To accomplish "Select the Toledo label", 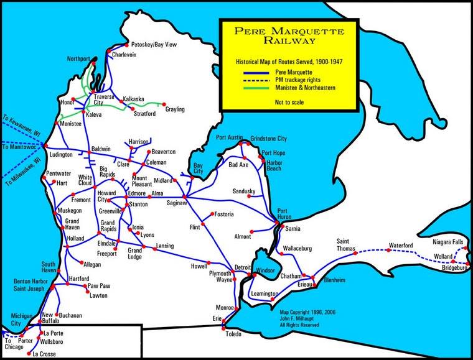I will point(233,334).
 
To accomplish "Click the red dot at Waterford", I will point(389,251).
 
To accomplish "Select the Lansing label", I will point(165,246).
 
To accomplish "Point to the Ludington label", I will point(60,154).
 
